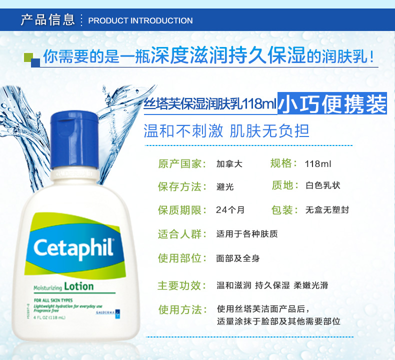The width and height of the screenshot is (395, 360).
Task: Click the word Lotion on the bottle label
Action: click(78, 286)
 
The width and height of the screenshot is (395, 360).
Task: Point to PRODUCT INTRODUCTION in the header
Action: click(140, 20)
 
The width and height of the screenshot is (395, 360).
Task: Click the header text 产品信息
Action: click(47, 20)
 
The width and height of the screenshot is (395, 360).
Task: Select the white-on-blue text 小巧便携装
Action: click(332, 104)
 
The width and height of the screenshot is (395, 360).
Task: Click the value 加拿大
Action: click(229, 163)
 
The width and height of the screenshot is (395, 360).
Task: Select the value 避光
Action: click(224, 186)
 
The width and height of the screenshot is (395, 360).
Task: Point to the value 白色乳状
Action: click(322, 185)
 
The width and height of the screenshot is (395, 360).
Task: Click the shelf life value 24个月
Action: click(230, 209)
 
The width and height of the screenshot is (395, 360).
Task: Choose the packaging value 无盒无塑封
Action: click(327, 209)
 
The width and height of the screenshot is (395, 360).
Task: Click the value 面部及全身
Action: click(238, 258)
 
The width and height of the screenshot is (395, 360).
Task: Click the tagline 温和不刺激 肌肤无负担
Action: click(226, 130)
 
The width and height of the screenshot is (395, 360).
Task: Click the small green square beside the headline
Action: click(28, 56)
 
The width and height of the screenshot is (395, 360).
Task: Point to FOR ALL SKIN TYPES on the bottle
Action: click(53, 300)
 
